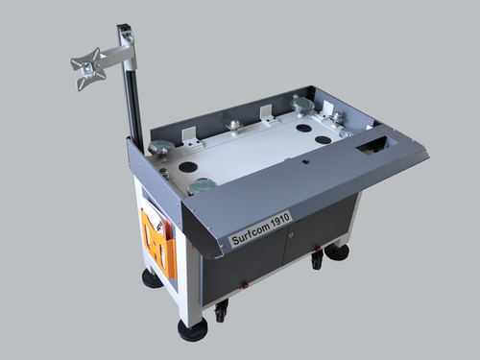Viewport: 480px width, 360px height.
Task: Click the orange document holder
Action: (158, 242)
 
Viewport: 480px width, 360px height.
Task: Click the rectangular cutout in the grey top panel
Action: (372, 146)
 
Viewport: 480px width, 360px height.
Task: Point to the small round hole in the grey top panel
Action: (306, 162)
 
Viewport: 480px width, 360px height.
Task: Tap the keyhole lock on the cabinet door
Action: (291, 235)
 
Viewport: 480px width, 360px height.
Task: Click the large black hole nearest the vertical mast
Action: (187, 166)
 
